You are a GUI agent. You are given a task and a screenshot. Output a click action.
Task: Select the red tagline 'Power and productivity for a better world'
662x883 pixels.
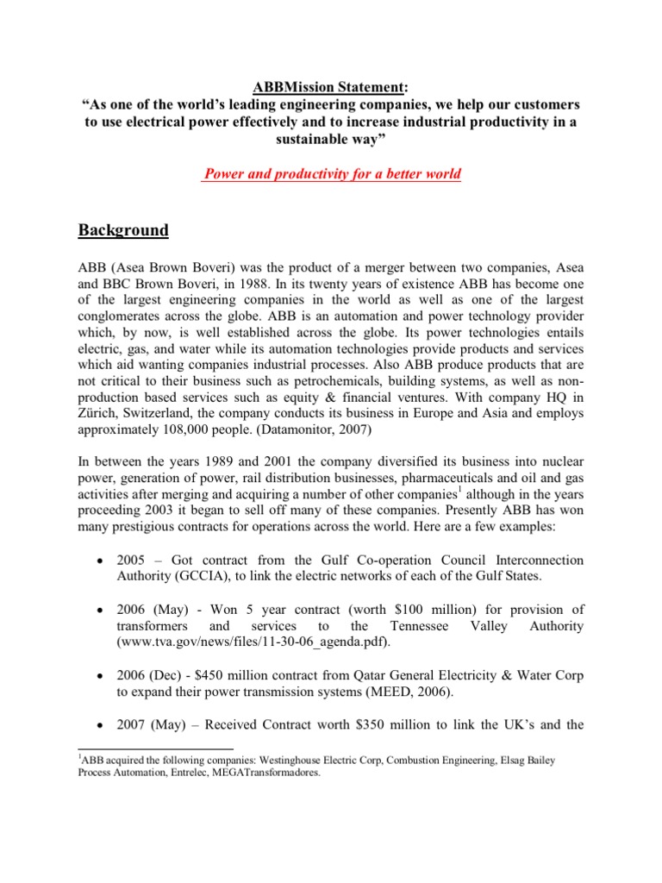pos(331,174)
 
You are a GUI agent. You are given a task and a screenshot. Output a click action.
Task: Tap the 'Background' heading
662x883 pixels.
pos(123,230)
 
